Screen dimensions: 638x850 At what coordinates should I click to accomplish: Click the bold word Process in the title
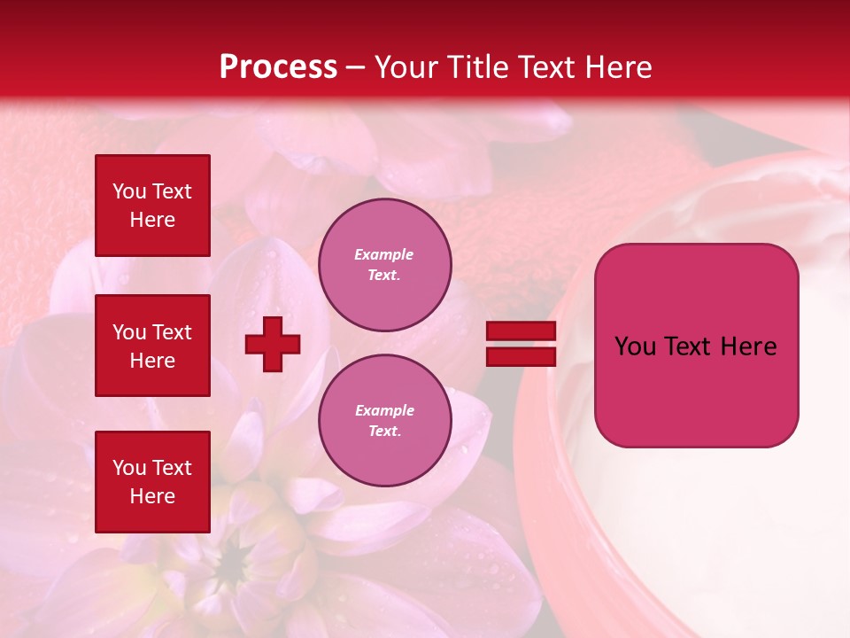coord(278,67)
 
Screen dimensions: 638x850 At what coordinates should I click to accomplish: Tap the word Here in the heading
coord(618,67)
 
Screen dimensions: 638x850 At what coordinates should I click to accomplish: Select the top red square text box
coord(152,206)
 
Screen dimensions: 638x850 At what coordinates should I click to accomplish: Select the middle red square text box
coord(152,346)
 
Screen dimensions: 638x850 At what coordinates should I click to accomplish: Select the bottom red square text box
coord(152,482)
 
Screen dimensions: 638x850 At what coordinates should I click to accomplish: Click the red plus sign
coord(273,344)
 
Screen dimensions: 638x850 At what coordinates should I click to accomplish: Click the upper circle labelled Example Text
coord(384,264)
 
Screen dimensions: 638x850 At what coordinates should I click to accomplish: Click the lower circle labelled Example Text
coord(384,420)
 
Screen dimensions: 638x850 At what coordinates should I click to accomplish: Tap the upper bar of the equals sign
coord(521,331)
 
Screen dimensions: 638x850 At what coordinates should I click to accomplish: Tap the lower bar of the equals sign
coord(521,356)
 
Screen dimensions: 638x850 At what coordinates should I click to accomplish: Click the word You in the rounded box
coord(635,346)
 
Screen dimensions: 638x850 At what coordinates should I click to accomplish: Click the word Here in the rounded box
coord(749,346)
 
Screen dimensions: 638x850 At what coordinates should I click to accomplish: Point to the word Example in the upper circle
coord(384,254)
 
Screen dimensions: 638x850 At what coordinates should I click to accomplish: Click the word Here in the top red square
coord(152,220)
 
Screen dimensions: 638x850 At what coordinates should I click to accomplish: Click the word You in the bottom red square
coord(129,468)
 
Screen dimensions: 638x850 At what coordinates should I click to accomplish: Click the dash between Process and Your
coord(356,67)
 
